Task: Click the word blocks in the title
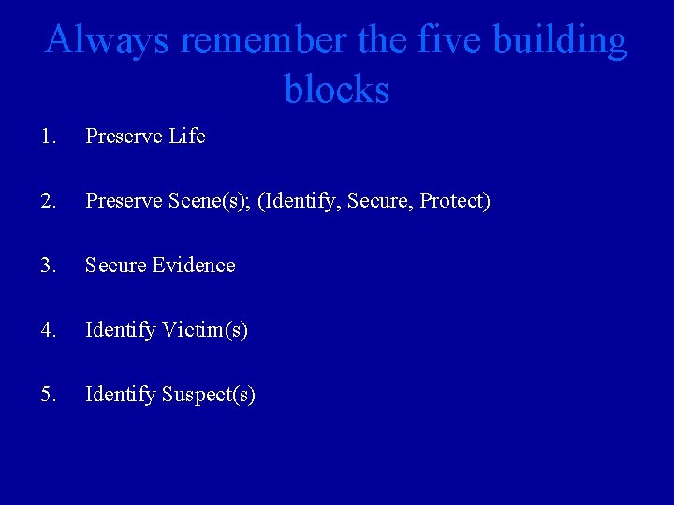coord(337,90)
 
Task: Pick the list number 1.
coord(49,137)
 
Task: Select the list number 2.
coord(49,201)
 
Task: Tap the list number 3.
coord(49,266)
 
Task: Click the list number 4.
coord(49,330)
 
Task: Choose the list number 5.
coord(49,395)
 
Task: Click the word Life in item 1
coord(187,137)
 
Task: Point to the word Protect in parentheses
coord(453,201)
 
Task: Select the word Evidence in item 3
coord(192,266)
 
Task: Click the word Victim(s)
coord(205,330)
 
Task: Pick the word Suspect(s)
coord(209,395)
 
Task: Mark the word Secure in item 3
coord(114,266)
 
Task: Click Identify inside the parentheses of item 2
coord(300,201)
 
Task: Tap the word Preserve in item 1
coord(124,137)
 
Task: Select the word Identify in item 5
coord(121,395)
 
